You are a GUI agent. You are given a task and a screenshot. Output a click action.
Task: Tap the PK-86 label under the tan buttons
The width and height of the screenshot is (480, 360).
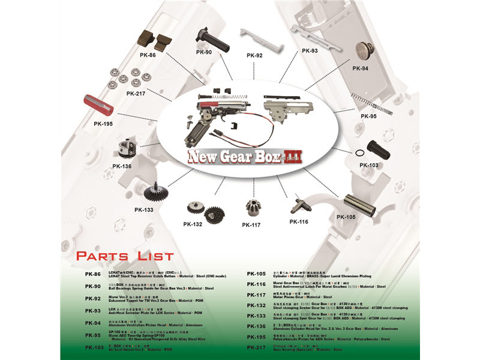pyautogui.click(x=148, y=55)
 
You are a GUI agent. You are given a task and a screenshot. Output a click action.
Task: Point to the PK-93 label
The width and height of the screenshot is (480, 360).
pyautogui.click(x=310, y=51)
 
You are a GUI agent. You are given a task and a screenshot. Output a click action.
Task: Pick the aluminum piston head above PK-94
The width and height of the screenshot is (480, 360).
pyautogui.click(x=364, y=51)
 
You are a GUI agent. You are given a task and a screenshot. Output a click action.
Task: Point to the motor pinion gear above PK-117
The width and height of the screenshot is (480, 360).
pyautogui.click(x=252, y=208)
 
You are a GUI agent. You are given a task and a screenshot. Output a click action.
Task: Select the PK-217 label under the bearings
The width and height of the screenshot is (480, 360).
pyautogui.click(x=135, y=93)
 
